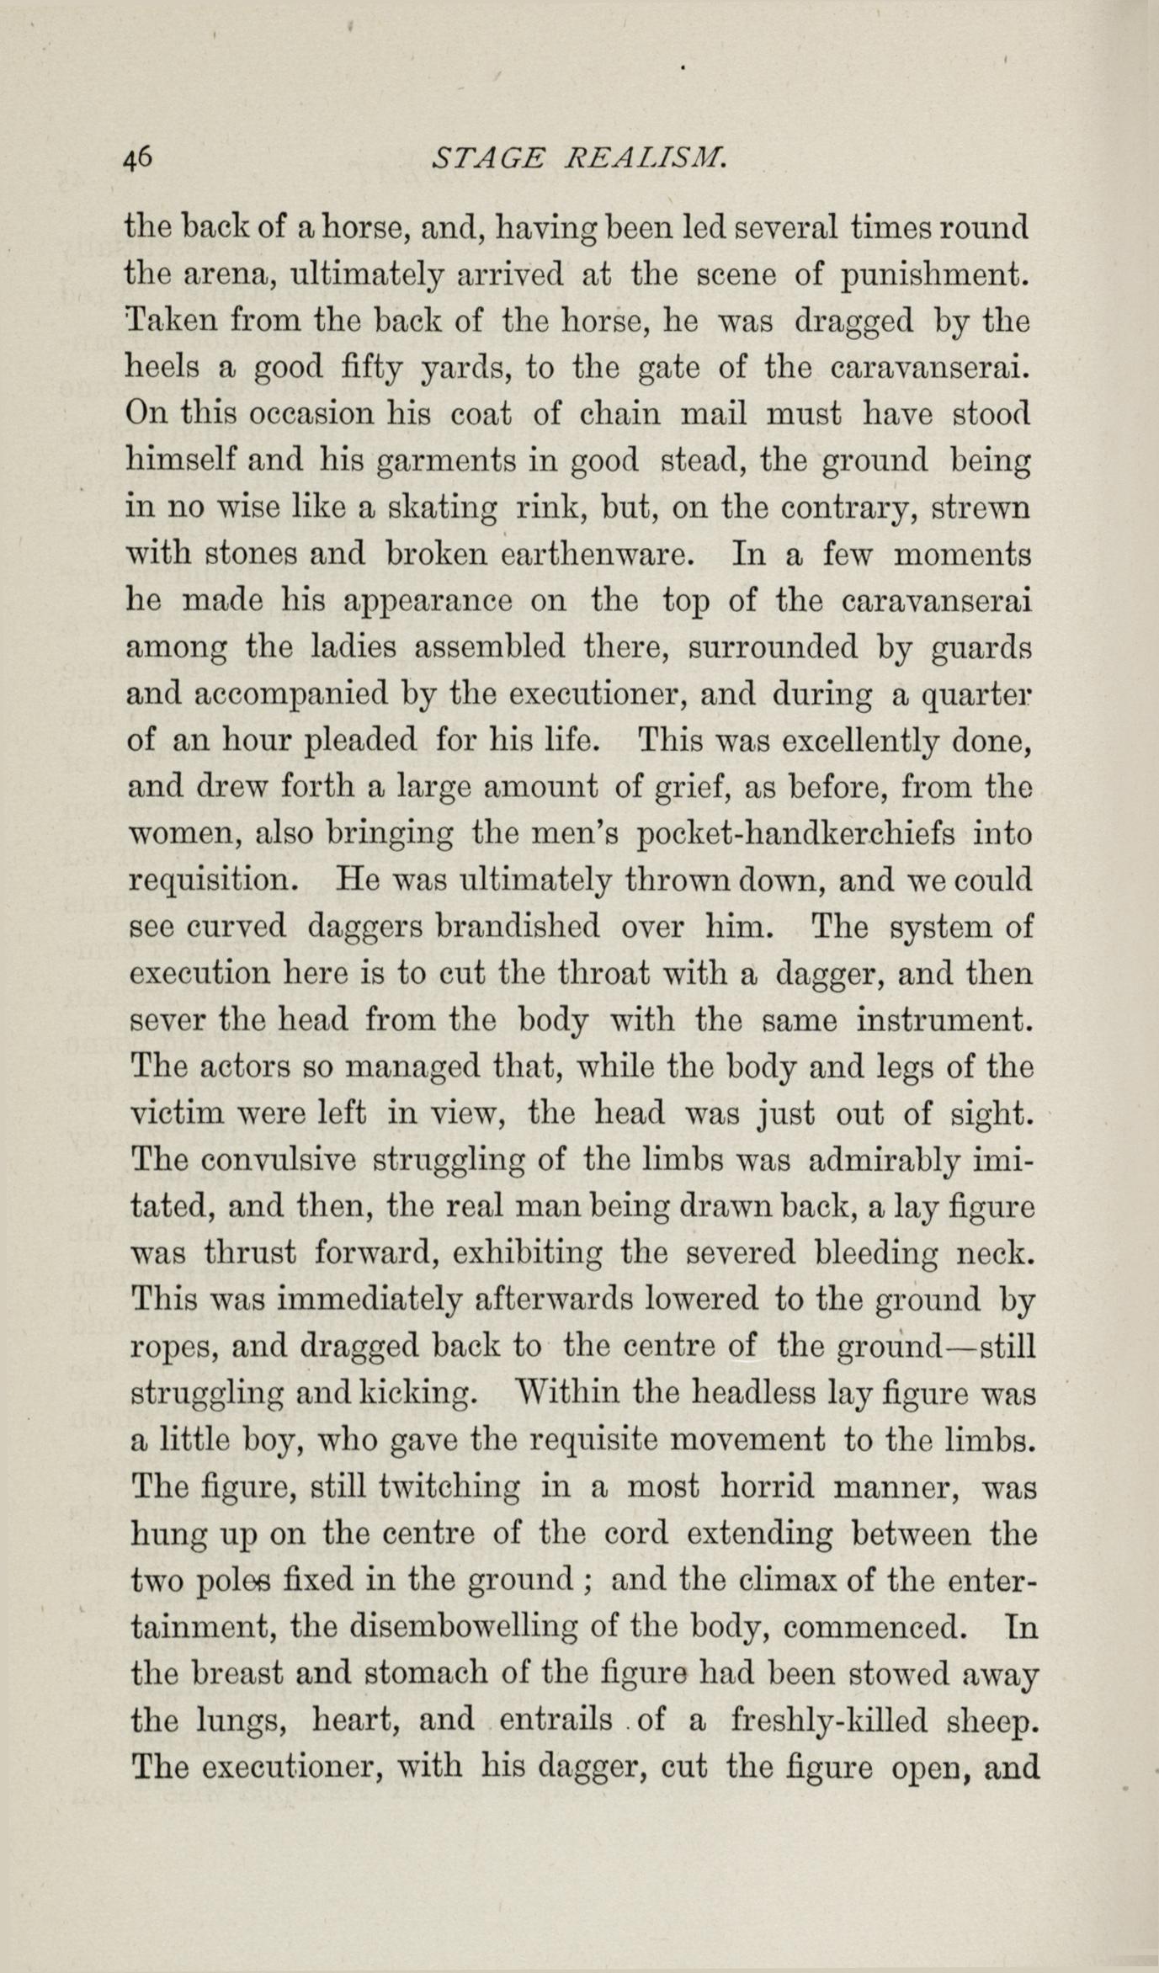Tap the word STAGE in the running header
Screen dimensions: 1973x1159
481,157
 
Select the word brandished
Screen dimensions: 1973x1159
517,927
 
